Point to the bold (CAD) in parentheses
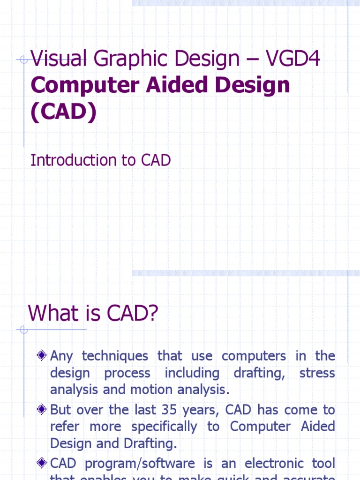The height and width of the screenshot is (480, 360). [x=64, y=112]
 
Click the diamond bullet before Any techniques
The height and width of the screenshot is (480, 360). [x=42, y=356]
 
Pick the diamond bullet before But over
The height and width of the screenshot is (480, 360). [x=42, y=410]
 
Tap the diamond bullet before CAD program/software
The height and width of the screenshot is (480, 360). [x=42, y=464]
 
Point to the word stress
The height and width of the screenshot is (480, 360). [x=317, y=374]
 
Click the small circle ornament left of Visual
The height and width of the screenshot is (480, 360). [x=23, y=60]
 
